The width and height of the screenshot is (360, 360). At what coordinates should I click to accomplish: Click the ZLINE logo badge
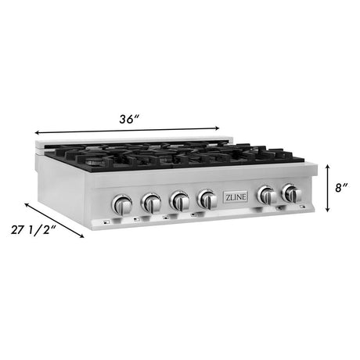[x=236, y=197]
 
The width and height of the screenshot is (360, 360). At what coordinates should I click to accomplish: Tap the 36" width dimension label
[x=128, y=119]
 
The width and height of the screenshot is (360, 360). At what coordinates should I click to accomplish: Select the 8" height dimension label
[x=341, y=188]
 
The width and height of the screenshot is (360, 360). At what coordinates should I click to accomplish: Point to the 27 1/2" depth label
[x=34, y=230]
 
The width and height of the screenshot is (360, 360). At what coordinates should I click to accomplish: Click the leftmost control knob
[x=122, y=204]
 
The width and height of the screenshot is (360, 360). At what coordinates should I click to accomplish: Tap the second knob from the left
[x=151, y=203]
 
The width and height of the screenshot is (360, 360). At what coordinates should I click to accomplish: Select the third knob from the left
[x=179, y=201]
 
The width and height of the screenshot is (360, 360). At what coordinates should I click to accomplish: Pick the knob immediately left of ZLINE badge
[x=207, y=200]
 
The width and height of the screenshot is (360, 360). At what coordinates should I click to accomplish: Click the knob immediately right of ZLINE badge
[x=267, y=195]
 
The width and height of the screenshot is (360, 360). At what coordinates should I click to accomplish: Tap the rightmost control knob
[x=291, y=193]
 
